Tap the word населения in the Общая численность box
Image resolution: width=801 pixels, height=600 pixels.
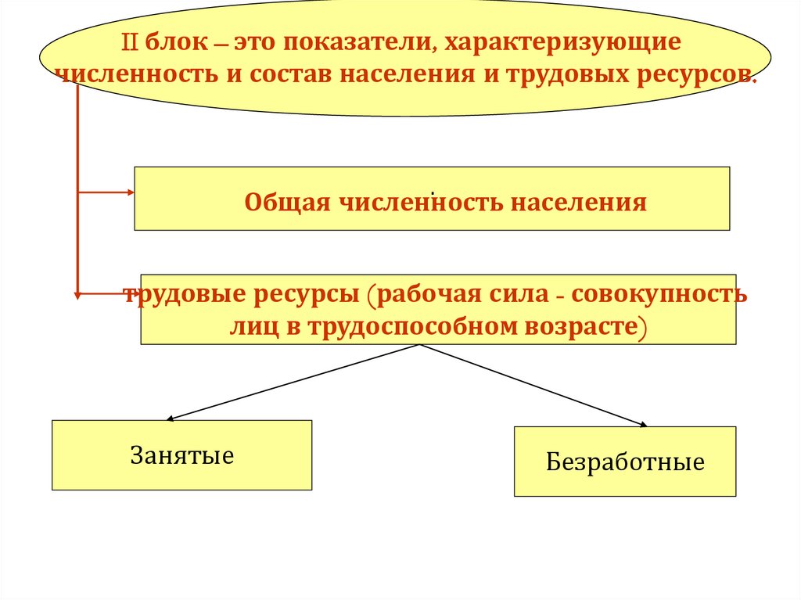click(x=579, y=203)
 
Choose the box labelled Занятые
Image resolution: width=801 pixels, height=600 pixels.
click(x=181, y=455)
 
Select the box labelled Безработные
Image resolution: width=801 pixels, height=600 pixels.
click(x=624, y=462)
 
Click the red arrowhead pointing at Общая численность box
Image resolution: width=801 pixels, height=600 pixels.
click(x=130, y=192)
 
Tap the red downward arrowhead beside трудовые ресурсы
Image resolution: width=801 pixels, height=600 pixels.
click(x=77, y=296)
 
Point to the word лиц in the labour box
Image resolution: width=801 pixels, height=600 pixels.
click(x=250, y=325)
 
